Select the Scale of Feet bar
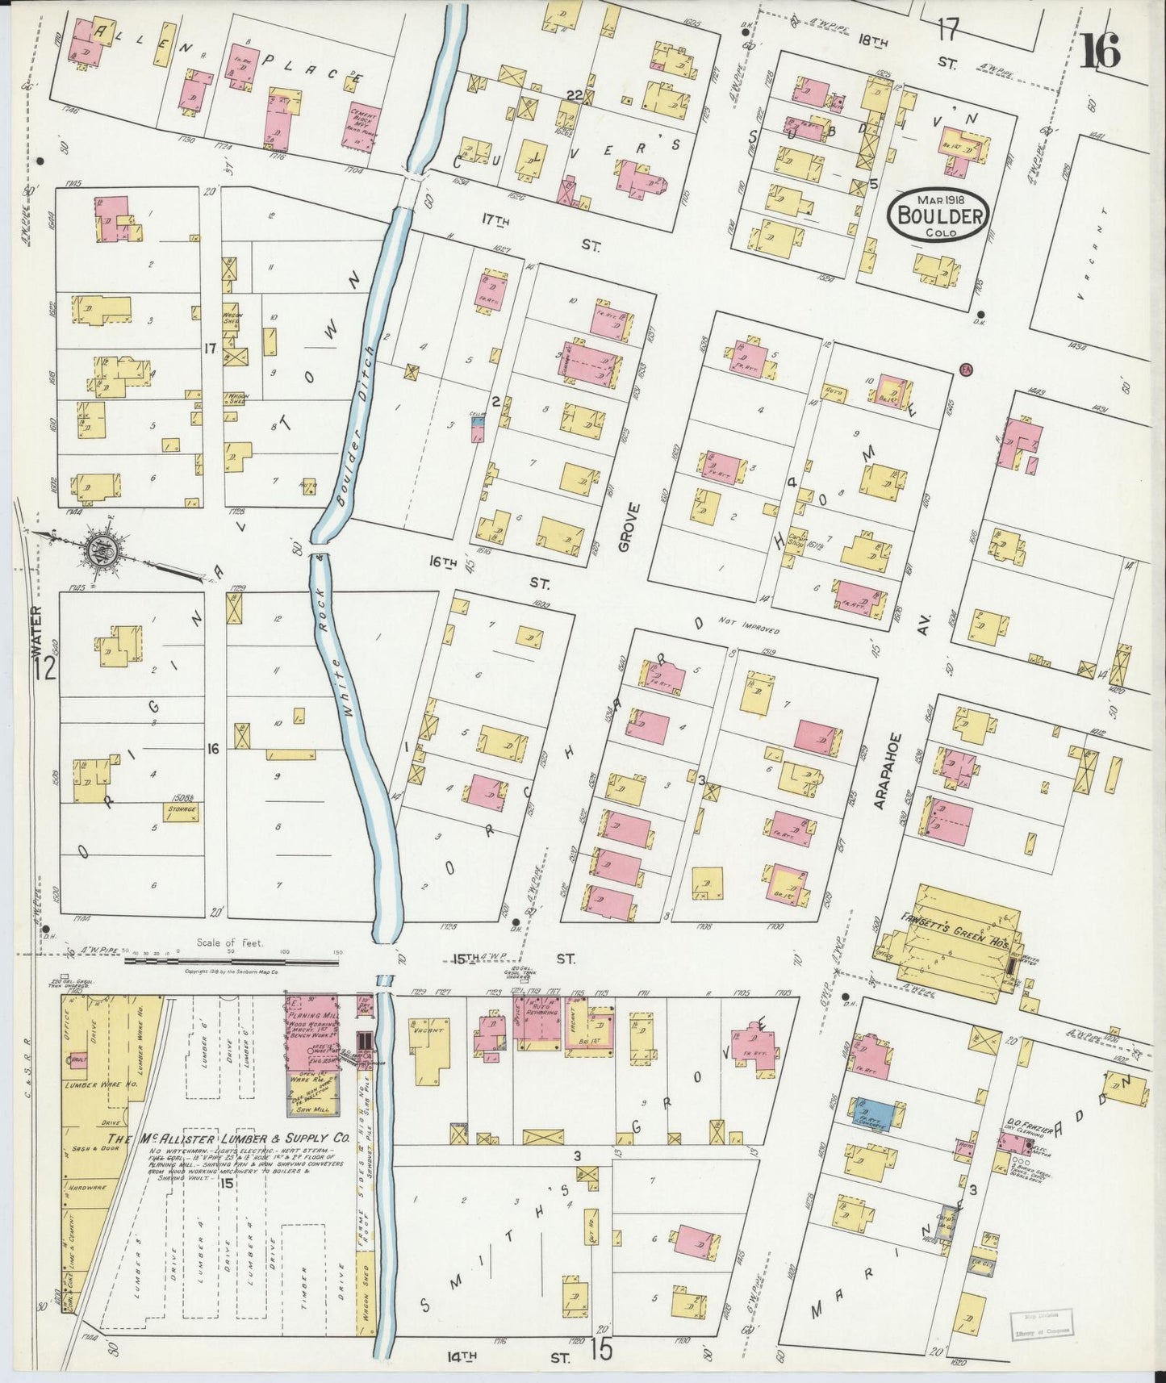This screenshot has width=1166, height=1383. (232, 960)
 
